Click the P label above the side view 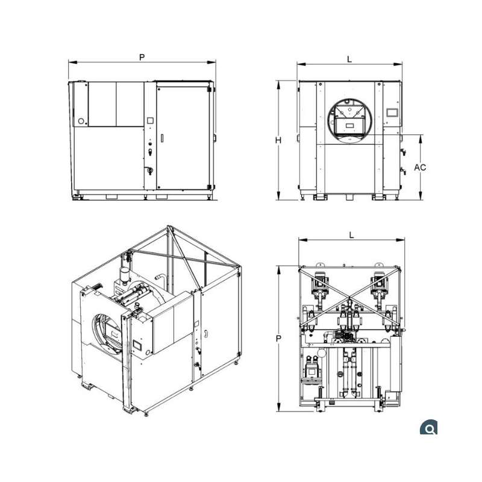pyautogui.click(x=142, y=57)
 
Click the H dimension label pyautogui.click(x=278, y=140)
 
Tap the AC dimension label pyautogui.click(x=420, y=167)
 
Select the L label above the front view pyautogui.click(x=349, y=59)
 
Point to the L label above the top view pyautogui.click(x=352, y=236)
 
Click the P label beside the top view pyautogui.click(x=278, y=339)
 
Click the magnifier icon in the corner pyautogui.click(x=428, y=427)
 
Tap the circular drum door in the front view pyautogui.click(x=349, y=121)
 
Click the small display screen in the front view pyautogui.click(x=392, y=113)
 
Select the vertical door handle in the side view pyautogui.click(x=162, y=139)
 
